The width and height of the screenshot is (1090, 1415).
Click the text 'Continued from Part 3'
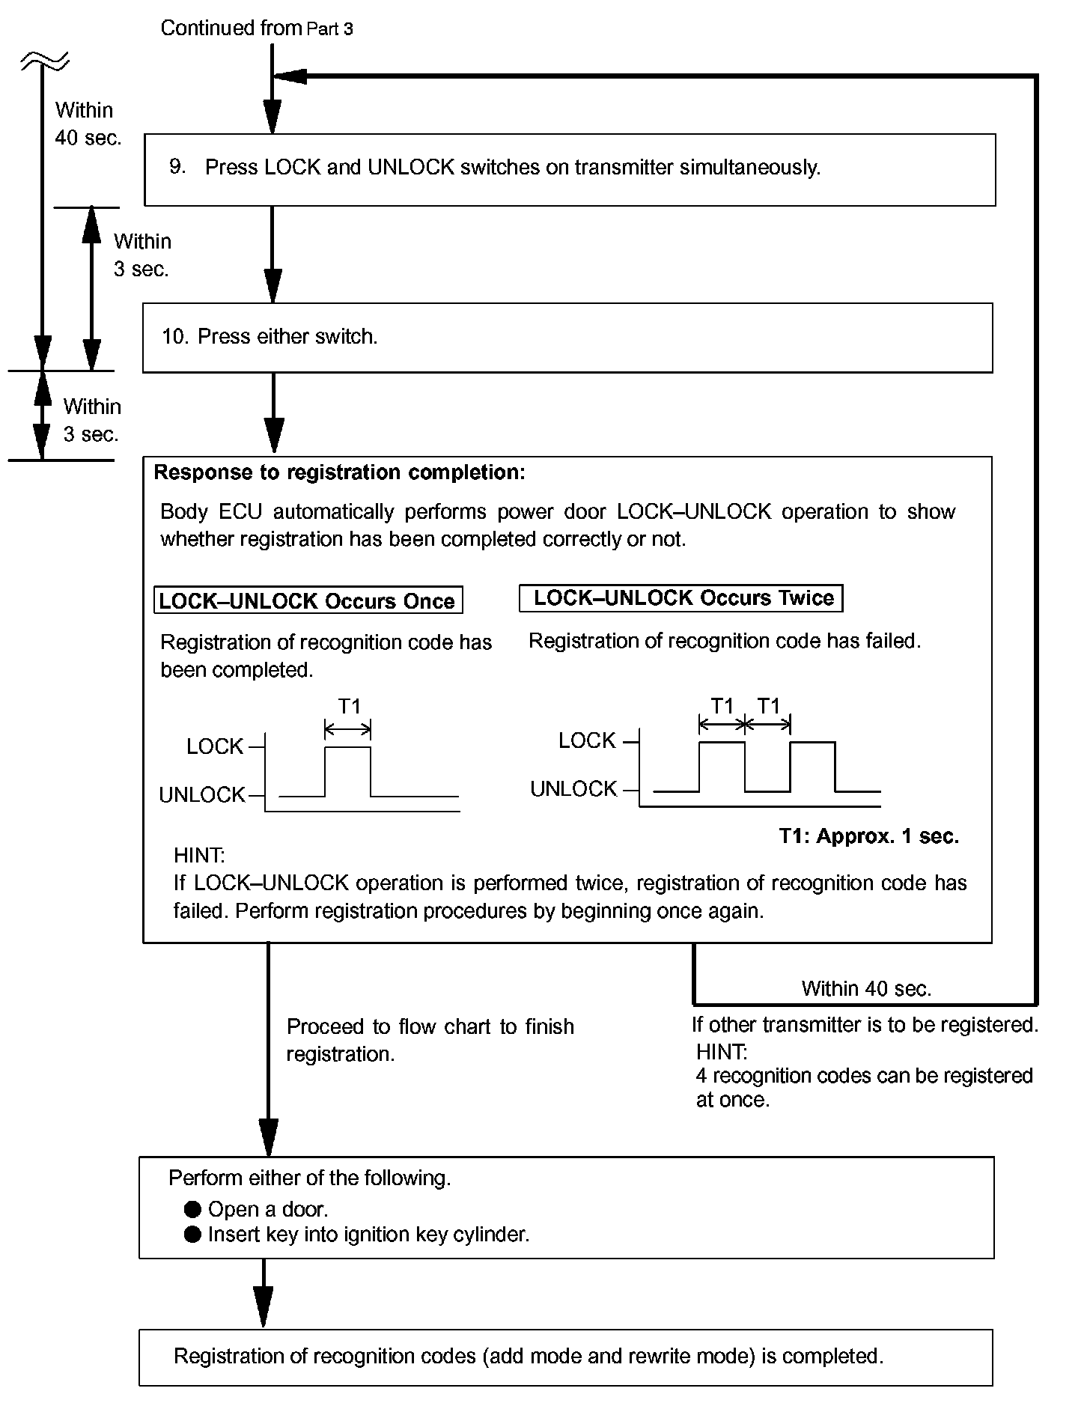(x=257, y=28)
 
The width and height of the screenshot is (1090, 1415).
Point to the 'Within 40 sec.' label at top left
(x=87, y=124)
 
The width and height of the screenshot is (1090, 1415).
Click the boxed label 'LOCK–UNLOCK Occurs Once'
(x=308, y=601)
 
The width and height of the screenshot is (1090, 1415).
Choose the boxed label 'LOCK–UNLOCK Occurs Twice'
(x=683, y=598)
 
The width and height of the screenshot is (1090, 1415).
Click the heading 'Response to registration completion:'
(x=339, y=472)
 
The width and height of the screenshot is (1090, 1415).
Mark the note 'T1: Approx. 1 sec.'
(x=868, y=836)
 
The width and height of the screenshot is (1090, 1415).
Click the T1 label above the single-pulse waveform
(x=350, y=706)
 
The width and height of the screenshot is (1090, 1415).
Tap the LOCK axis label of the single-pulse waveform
(x=215, y=746)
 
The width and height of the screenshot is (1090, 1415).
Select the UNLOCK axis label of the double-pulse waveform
(x=573, y=789)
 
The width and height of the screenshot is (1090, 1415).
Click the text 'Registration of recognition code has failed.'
(x=724, y=641)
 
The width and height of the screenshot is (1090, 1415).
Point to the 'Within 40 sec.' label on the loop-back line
(x=866, y=988)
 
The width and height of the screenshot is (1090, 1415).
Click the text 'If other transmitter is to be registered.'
(x=865, y=1024)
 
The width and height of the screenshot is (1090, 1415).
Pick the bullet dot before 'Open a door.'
(x=193, y=1209)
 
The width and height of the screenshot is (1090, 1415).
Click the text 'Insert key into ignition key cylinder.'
(x=368, y=1235)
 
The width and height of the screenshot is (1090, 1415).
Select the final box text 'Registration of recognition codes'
(x=528, y=1356)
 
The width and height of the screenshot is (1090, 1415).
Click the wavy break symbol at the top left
(x=45, y=61)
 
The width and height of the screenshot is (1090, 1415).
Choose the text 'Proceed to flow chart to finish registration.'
(x=430, y=1040)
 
